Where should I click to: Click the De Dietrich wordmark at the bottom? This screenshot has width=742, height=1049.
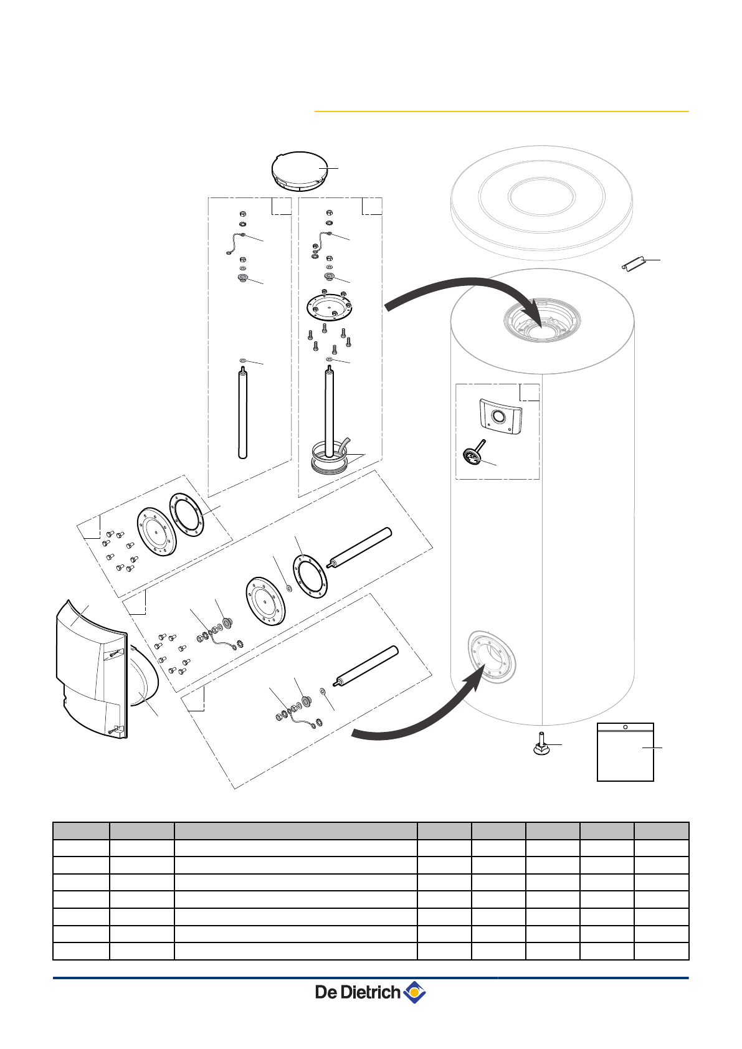click(357, 992)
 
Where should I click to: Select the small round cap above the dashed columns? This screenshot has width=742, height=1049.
click(300, 171)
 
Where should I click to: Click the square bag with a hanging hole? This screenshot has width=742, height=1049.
click(625, 752)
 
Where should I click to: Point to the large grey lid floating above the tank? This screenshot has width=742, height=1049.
click(542, 199)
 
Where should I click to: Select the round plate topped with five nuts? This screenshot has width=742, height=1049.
click(330, 306)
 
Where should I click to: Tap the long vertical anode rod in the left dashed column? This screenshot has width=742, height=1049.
click(243, 414)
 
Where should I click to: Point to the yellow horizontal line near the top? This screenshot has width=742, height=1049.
click(501, 112)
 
